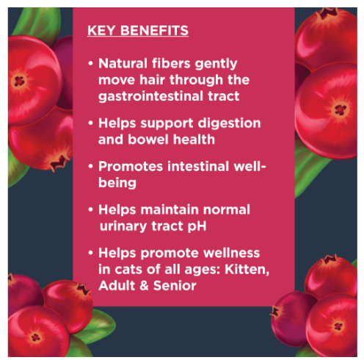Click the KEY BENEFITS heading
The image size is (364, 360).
(x=138, y=31)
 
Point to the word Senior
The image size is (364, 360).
(x=178, y=284)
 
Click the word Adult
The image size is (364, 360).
(x=115, y=284)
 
